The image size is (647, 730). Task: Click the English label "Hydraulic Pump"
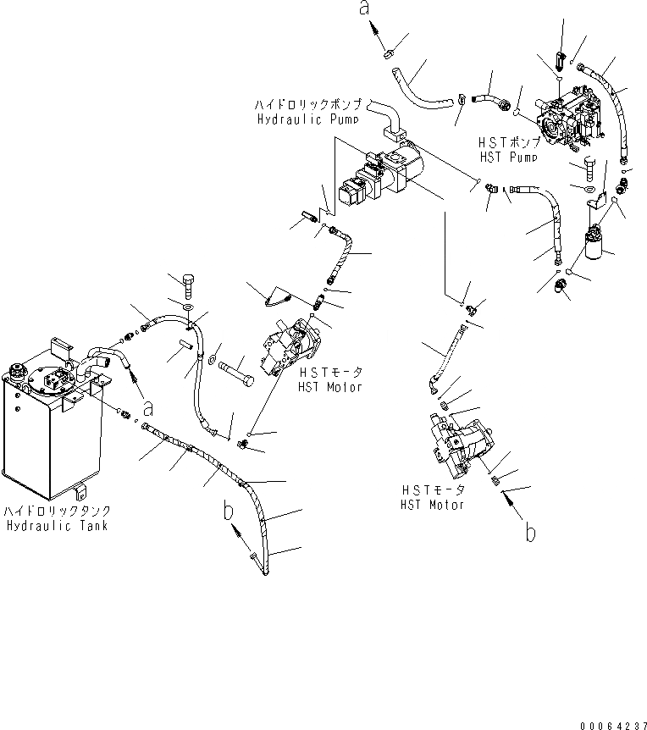307,119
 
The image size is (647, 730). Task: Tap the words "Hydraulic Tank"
57,526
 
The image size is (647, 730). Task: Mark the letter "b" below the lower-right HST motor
530,534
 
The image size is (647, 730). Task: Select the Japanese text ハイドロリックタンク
57,512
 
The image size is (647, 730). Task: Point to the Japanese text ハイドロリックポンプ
308,104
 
